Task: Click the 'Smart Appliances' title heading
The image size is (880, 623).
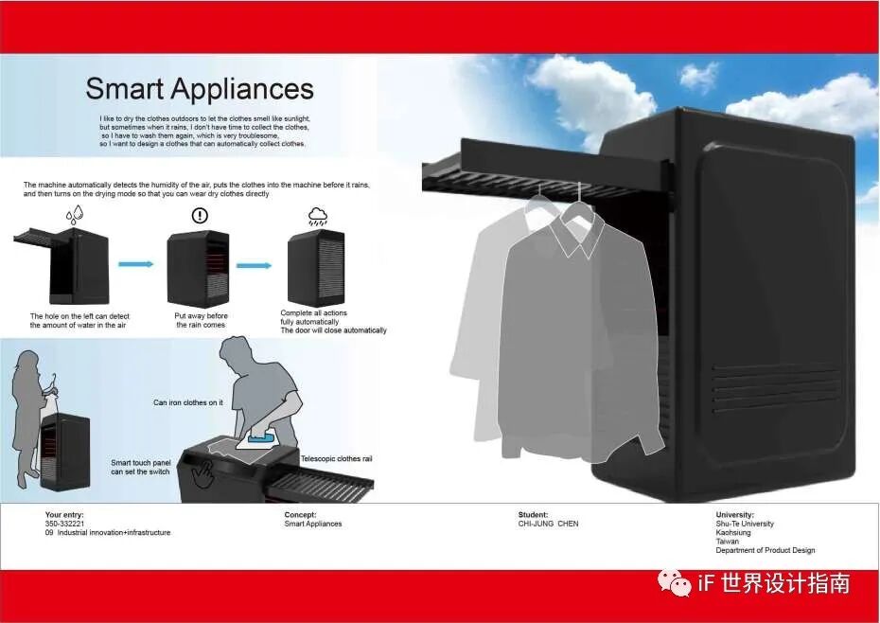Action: click(x=199, y=89)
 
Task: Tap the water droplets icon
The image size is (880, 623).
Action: click(x=76, y=216)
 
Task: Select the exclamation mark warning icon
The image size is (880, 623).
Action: click(x=199, y=216)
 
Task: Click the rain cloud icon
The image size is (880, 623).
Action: click(x=317, y=216)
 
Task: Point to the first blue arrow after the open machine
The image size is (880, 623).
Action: click(x=136, y=264)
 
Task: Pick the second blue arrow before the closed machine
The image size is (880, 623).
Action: click(x=254, y=265)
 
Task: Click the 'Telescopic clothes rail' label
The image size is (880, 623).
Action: click(x=336, y=459)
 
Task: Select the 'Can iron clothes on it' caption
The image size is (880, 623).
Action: click(x=187, y=402)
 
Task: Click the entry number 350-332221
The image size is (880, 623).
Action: click(x=65, y=524)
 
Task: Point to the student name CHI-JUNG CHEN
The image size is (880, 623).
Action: click(x=548, y=524)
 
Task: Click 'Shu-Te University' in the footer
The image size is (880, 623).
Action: click(x=745, y=524)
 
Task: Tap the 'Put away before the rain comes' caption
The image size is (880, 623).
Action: click(x=201, y=320)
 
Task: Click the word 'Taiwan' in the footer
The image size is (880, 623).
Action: click(x=727, y=542)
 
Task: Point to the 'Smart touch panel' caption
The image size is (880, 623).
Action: click(x=140, y=467)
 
